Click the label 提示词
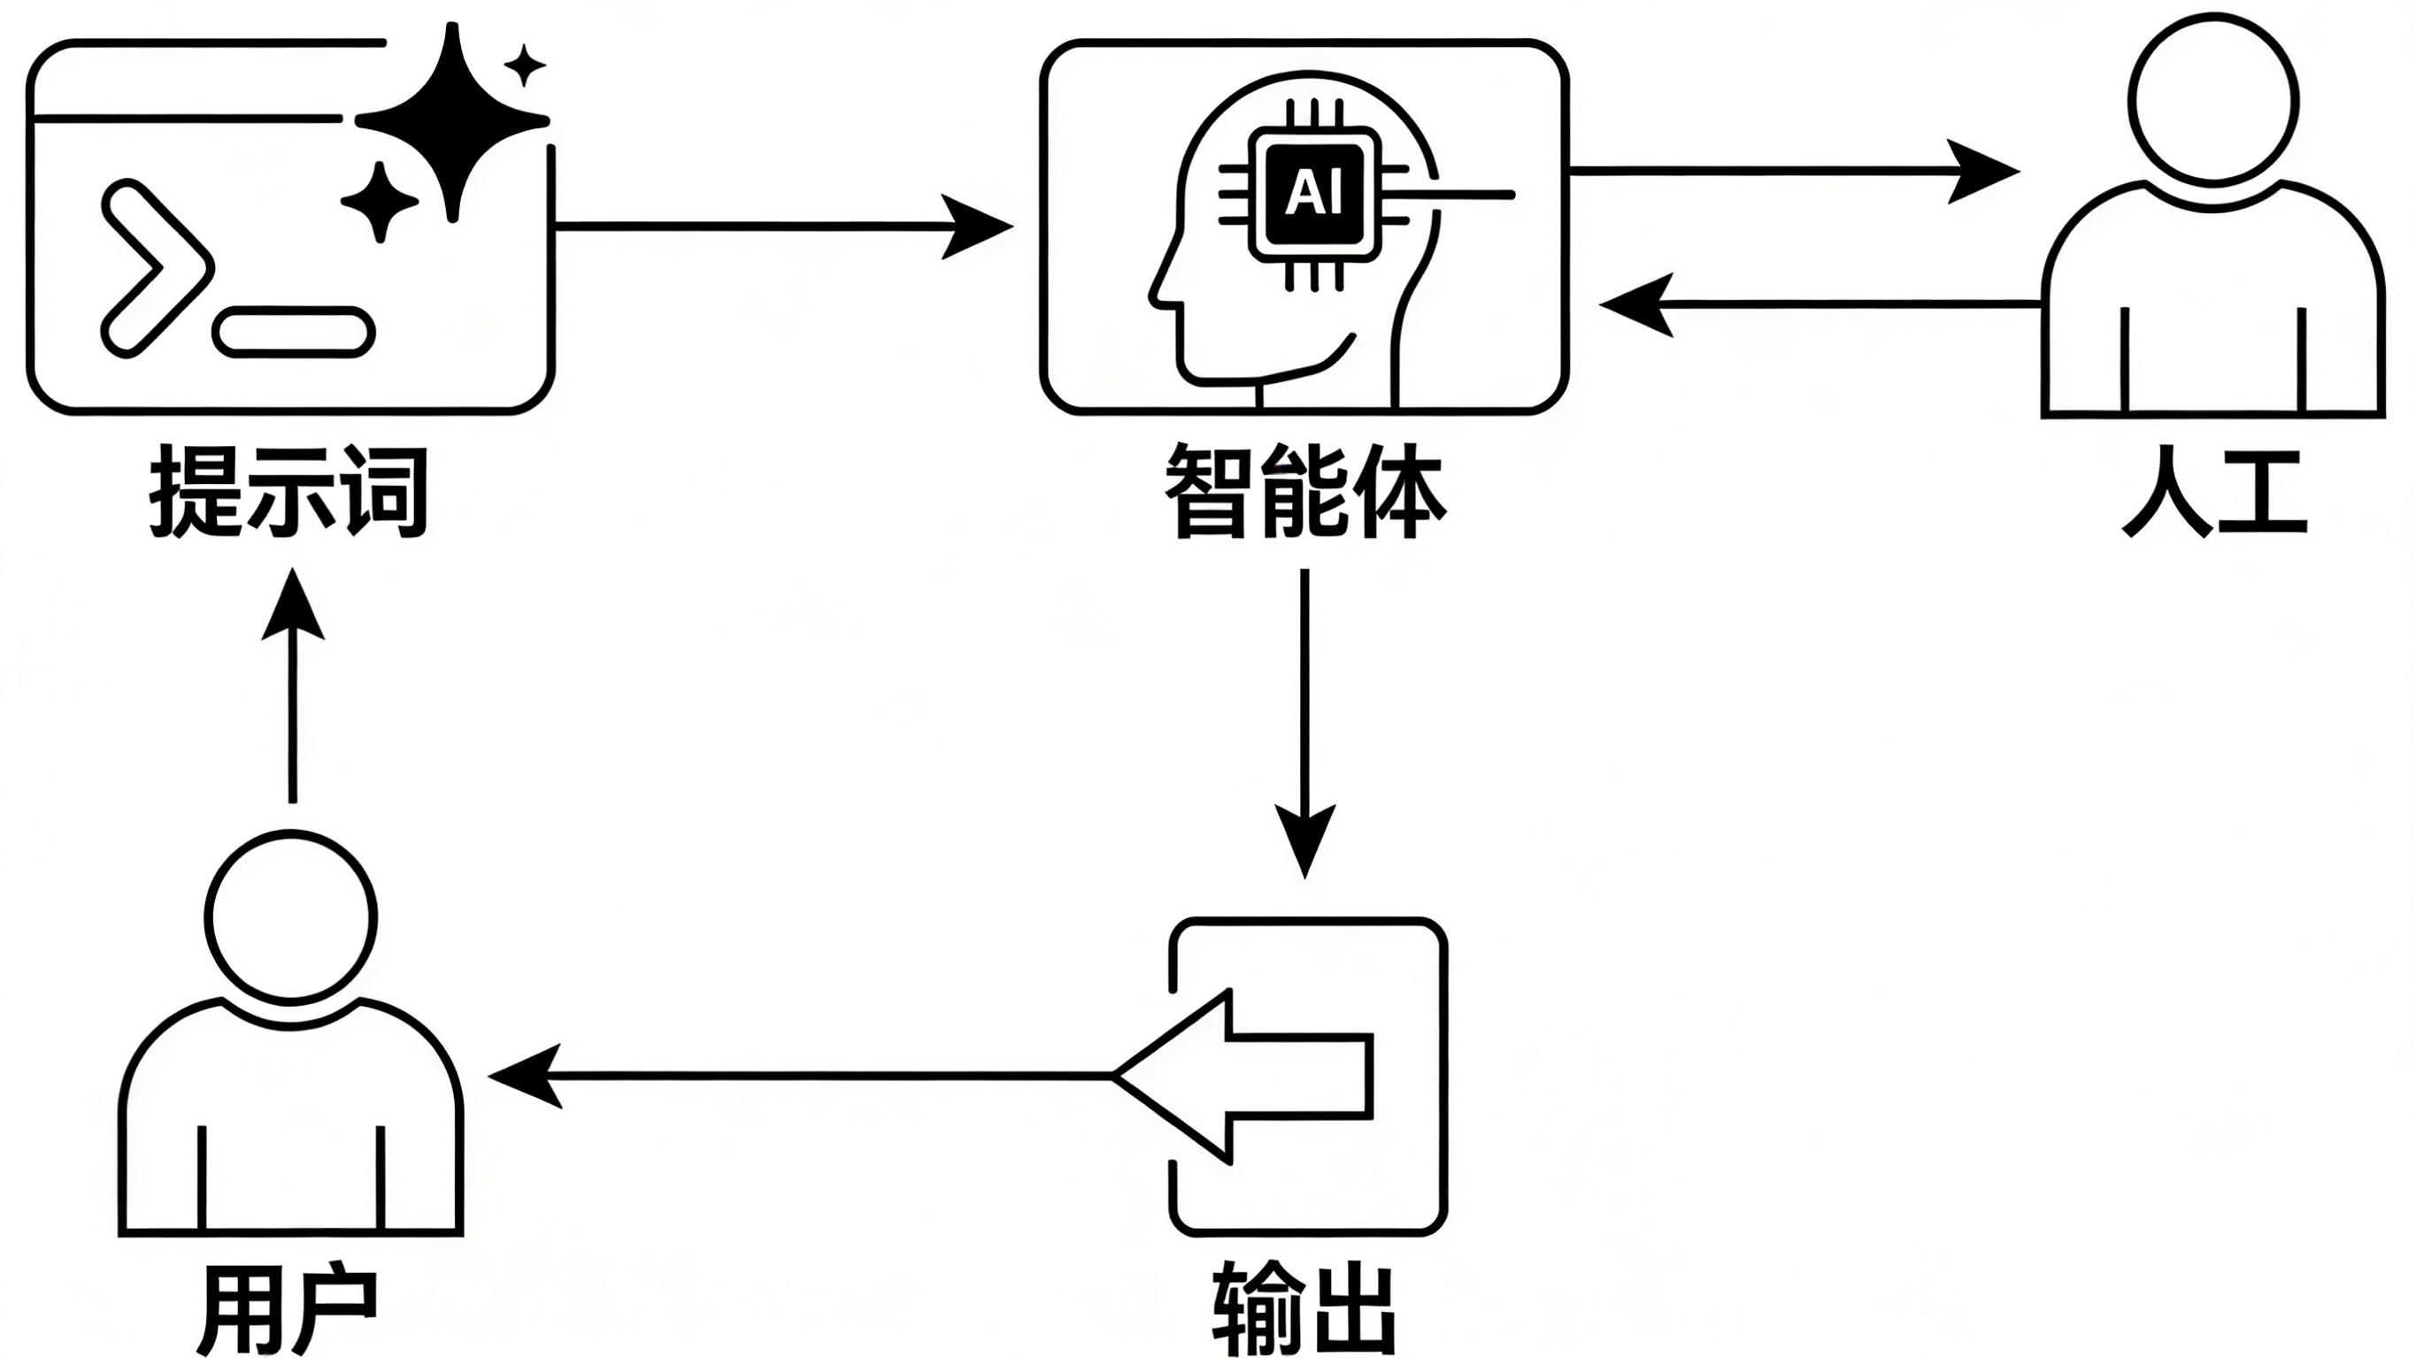point(289,494)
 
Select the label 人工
point(2214,494)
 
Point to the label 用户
point(289,1308)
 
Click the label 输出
point(1304,1308)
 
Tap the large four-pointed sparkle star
point(453,122)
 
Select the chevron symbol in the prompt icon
point(156,270)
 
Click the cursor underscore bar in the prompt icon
point(294,332)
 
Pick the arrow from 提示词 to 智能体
point(784,226)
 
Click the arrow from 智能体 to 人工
point(1794,171)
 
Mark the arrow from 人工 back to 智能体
point(1820,303)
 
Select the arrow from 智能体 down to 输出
point(1304,724)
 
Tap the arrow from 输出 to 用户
point(800,1077)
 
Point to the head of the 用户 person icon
point(291,917)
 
